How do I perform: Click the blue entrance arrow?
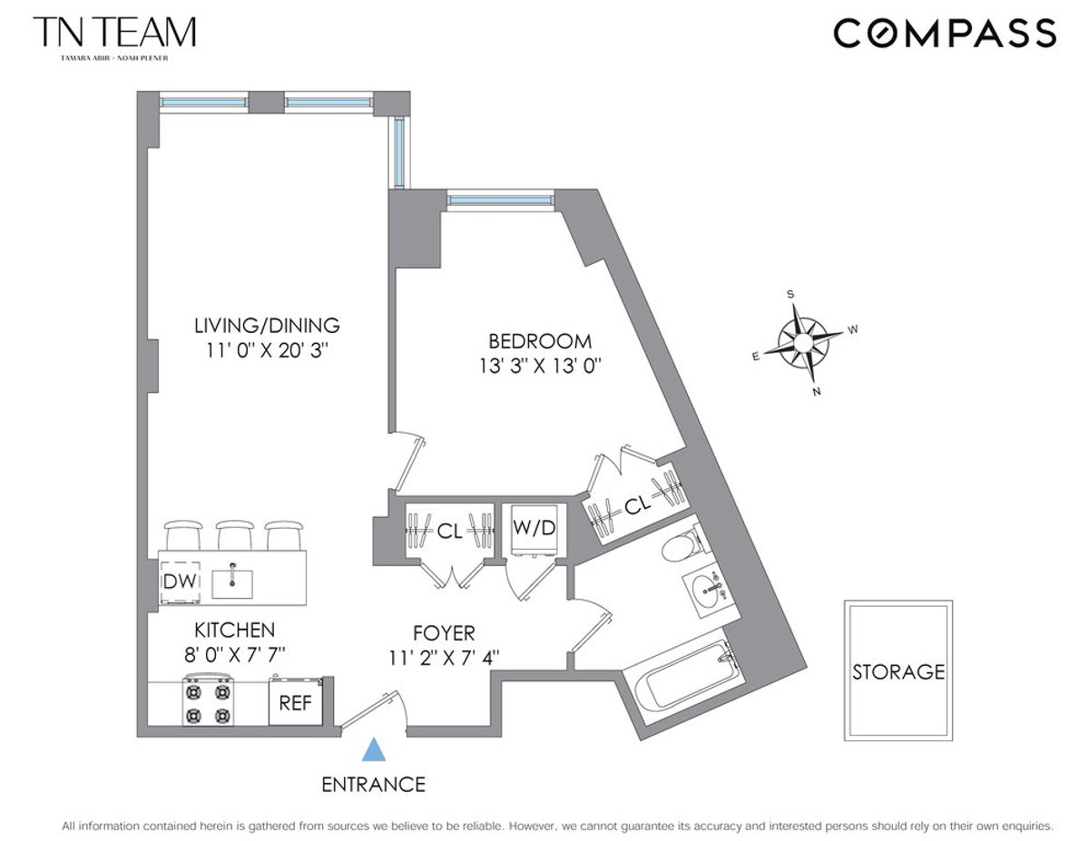tap(373, 749)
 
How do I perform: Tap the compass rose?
tap(802, 341)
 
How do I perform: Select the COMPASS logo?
tap(944, 34)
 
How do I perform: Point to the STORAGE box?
tap(898, 670)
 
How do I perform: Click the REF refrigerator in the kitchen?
tap(295, 702)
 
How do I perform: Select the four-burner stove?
tap(208, 701)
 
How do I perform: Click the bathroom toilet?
tap(680, 546)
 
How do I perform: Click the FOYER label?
tap(443, 632)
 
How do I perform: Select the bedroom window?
tap(500, 200)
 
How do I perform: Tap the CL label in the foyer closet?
tap(449, 533)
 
